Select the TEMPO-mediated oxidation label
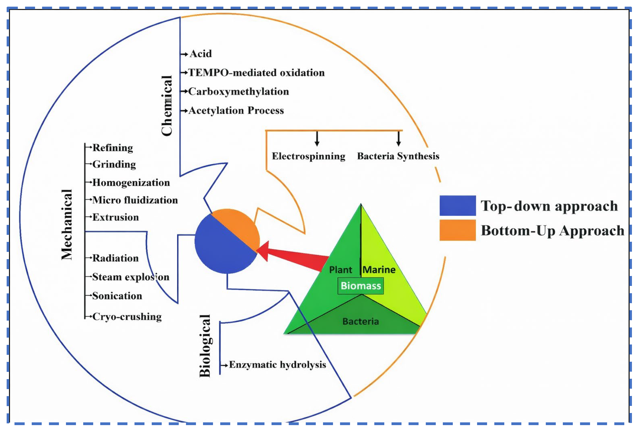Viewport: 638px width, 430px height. [x=256, y=73]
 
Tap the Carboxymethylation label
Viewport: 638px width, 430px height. [x=239, y=92]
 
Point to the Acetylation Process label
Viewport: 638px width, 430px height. [x=236, y=111]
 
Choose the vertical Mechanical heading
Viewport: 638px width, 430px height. [x=67, y=224]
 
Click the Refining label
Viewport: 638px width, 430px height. [x=113, y=148]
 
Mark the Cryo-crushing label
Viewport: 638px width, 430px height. [x=127, y=317]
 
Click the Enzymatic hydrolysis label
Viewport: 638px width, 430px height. [x=278, y=365]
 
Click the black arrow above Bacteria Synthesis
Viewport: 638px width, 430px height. [x=399, y=139]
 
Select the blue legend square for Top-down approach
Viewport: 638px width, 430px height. [x=458, y=205]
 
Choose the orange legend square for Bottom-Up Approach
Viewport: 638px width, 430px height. [x=458, y=230]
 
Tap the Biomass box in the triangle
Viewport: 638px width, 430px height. [x=361, y=286]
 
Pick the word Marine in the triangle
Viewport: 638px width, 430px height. [x=379, y=270]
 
